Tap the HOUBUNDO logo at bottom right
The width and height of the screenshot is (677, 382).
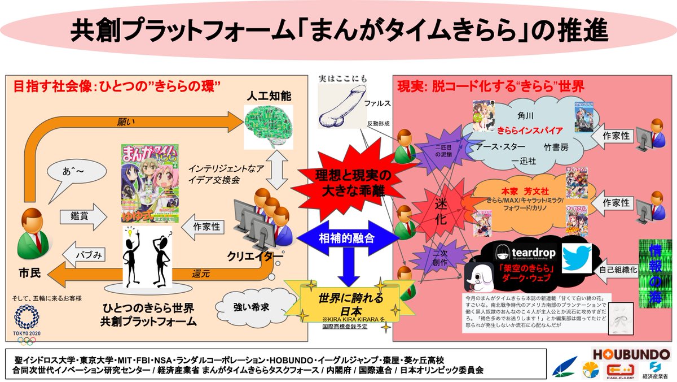point(631,354)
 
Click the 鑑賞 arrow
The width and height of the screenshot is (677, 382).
point(82,215)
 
